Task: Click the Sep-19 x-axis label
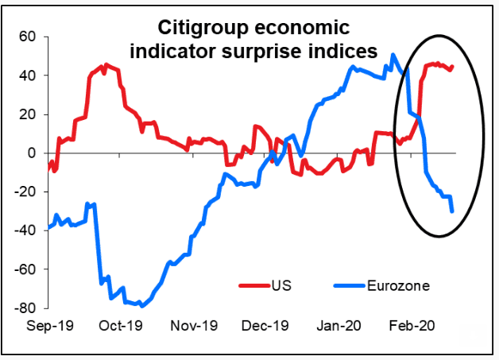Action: pos(48,326)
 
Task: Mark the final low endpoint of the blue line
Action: pos(452,211)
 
